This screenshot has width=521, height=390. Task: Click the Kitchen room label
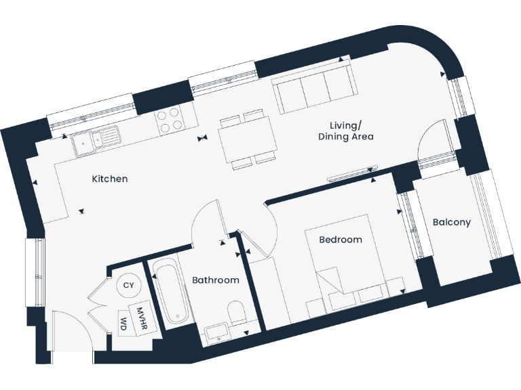click(x=110, y=179)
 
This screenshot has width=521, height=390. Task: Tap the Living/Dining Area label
click(x=346, y=131)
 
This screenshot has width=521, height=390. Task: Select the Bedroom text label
click(x=341, y=240)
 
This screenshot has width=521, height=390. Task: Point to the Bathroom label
click(x=215, y=280)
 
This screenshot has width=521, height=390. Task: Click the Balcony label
click(x=451, y=222)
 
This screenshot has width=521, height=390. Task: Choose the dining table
click(x=246, y=141)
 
